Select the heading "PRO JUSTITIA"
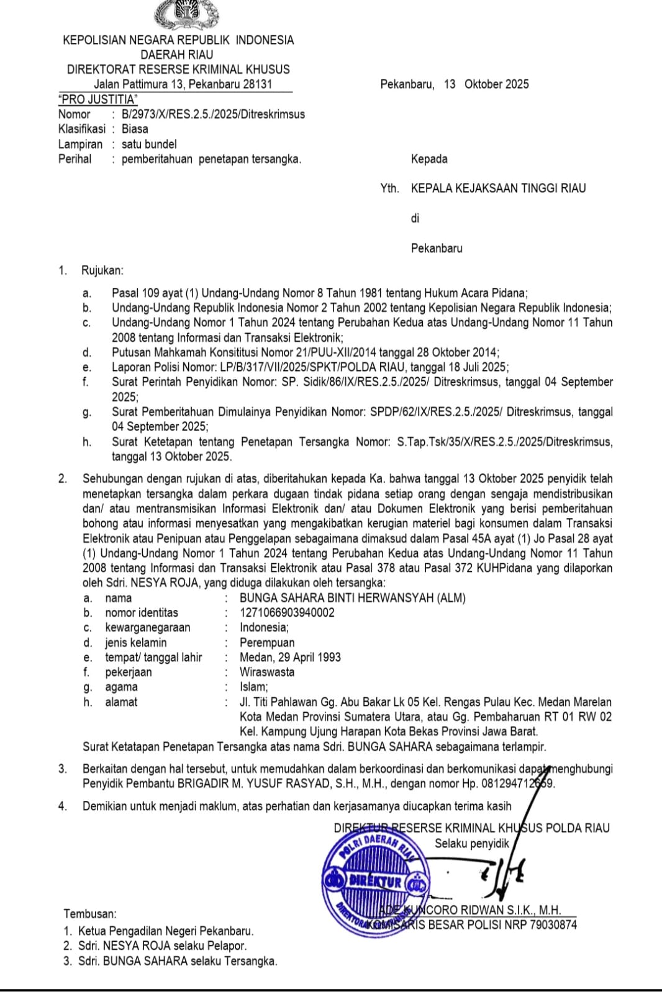[x=97, y=99]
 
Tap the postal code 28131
[x=255, y=84]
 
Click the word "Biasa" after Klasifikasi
[x=135, y=129]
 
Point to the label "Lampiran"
[x=80, y=144]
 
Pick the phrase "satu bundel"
[x=149, y=144]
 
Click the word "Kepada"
[x=429, y=159]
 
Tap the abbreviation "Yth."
[x=389, y=189]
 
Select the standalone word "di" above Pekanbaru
[x=415, y=218]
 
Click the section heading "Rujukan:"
[x=102, y=270]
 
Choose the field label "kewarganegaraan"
[x=148, y=627]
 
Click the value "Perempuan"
[x=267, y=642]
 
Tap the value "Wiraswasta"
[x=267, y=672]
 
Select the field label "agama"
[x=121, y=687]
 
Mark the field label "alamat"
[x=121, y=702]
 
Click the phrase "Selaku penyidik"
[x=471, y=843]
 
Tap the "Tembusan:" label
[x=90, y=913]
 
